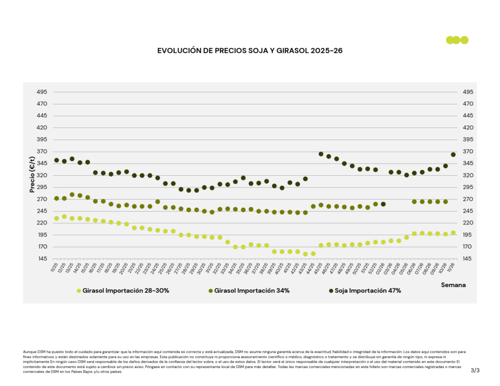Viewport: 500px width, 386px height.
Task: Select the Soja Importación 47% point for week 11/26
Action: (x=453, y=155)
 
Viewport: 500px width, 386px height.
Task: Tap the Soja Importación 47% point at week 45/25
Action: (x=321, y=154)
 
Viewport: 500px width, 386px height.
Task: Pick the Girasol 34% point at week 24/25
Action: (x=158, y=202)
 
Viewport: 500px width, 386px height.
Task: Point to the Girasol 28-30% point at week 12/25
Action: (x=64, y=217)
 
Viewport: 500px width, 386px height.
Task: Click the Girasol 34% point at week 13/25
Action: (x=72, y=195)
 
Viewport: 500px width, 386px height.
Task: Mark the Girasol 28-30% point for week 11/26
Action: (x=453, y=233)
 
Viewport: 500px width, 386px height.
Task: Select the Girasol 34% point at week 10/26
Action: (x=445, y=202)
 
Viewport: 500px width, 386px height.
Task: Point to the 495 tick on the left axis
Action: (x=42, y=92)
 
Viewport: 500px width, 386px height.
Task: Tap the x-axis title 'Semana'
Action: (x=454, y=284)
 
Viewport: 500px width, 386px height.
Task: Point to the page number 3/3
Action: (x=475, y=371)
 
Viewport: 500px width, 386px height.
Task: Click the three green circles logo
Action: (x=457, y=40)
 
